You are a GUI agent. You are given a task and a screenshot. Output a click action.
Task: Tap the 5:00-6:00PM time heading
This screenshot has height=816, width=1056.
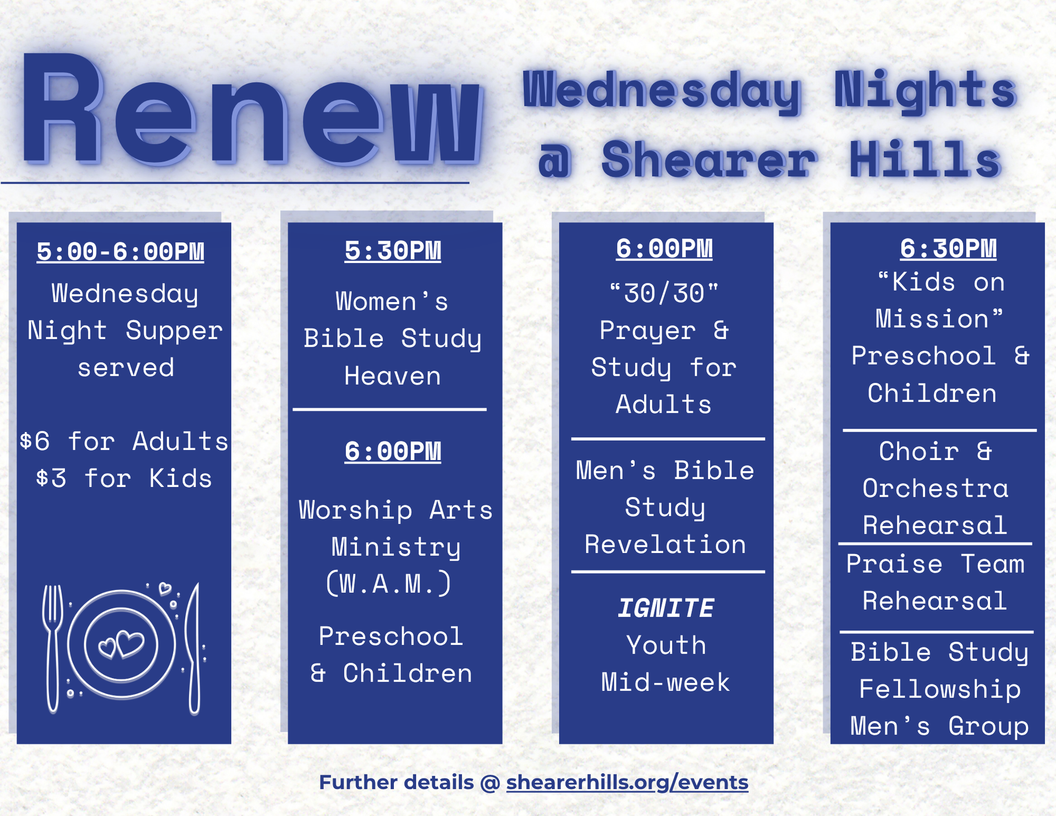120,251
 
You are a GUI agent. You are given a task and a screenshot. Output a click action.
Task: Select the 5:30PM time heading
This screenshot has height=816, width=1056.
393,251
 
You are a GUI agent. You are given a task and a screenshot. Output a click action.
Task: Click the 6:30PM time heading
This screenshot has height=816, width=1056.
948,249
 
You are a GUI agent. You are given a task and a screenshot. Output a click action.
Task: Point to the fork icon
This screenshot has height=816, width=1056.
53,648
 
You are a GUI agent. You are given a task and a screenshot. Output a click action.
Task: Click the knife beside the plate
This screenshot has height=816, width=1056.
193,648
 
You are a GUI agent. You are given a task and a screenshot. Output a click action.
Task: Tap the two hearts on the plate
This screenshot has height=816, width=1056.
121,644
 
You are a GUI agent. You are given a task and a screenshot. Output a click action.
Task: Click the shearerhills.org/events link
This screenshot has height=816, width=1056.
627,782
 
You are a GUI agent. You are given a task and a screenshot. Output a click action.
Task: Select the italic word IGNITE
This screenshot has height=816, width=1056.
665,609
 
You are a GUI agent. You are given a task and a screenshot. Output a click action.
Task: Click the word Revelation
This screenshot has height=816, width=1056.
665,544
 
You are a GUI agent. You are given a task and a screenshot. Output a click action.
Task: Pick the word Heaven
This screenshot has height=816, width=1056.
393,376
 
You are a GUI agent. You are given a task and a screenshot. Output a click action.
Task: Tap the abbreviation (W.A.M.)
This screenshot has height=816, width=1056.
389,583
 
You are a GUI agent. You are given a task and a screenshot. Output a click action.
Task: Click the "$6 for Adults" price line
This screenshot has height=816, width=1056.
124,441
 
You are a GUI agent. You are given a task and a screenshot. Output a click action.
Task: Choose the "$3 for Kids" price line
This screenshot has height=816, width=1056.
124,478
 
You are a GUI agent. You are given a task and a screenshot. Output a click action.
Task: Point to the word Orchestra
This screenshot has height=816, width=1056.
936,488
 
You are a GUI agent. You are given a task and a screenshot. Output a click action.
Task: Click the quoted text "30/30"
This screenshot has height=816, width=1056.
664,293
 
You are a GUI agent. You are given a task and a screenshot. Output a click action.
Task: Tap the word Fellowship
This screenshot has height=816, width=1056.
940,689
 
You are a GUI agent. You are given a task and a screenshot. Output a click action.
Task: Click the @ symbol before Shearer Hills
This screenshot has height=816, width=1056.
555,161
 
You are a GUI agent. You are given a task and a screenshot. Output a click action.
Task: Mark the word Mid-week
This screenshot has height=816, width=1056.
665,682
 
